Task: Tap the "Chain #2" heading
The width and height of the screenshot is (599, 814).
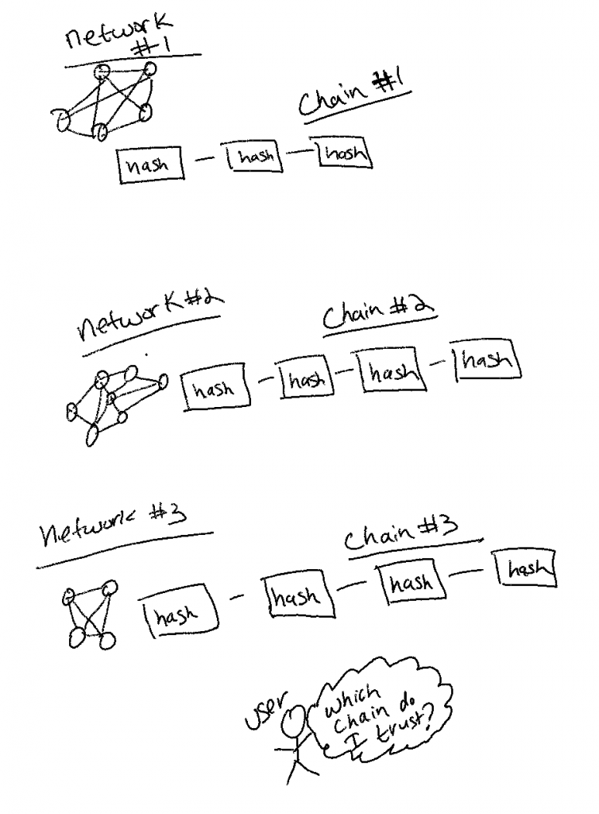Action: pyautogui.click(x=379, y=313)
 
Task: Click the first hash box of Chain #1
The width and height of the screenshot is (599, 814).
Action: pyautogui.click(x=150, y=165)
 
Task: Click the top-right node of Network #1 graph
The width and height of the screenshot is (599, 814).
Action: pyautogui.click(x=150, y=68)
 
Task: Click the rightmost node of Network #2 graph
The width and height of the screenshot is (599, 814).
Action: pyautogui.click(x=163, y=382)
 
